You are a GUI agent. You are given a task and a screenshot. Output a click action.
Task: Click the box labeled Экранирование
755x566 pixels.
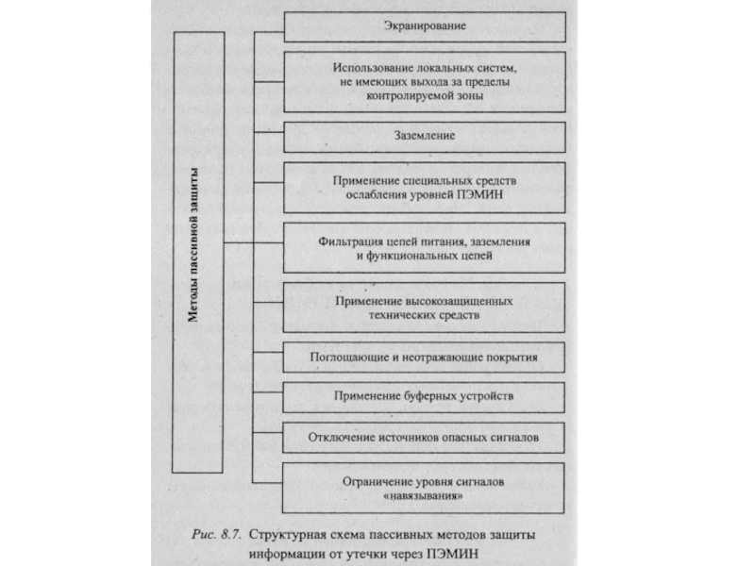pos(424,26)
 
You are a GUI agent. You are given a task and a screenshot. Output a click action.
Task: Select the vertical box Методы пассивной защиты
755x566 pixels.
pos(198,249)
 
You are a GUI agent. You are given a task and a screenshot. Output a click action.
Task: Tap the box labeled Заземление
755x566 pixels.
pos(424,136)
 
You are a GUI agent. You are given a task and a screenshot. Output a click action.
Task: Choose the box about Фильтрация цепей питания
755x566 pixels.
pos(424,248)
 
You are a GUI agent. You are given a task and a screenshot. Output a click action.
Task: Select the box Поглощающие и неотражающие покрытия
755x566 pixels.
pos(424,358)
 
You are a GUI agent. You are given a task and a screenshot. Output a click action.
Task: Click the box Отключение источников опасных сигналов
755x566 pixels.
pos(424,438)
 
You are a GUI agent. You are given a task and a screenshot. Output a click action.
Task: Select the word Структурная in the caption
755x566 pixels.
pos(284,533)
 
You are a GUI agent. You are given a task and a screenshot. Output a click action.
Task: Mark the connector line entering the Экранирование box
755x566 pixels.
pos(269,26)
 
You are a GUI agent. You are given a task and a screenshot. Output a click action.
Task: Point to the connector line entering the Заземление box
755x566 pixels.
pos(269,136)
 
